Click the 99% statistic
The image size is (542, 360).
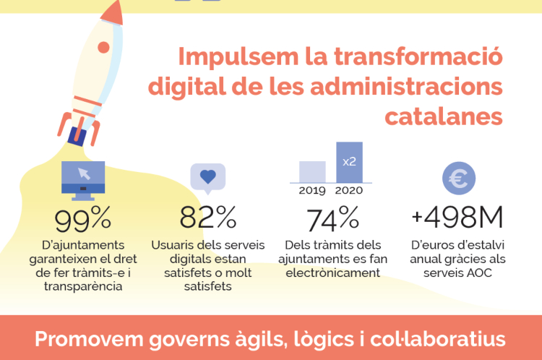click(83, 218)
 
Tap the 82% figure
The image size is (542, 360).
click(208, 218)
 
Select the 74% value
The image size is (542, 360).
click(333, 218)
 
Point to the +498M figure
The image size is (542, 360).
click(457, 218)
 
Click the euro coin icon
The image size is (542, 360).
click(458, 179)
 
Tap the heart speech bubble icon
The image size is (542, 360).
click(208, 176)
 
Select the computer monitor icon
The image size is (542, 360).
click(83, 179)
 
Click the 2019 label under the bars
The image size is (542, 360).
click(313, 191)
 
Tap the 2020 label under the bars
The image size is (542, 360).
click(349, 191)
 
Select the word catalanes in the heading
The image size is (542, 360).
click(444, 116)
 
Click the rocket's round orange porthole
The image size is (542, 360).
click(103, 48)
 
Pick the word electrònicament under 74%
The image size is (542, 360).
click(333, 273)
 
